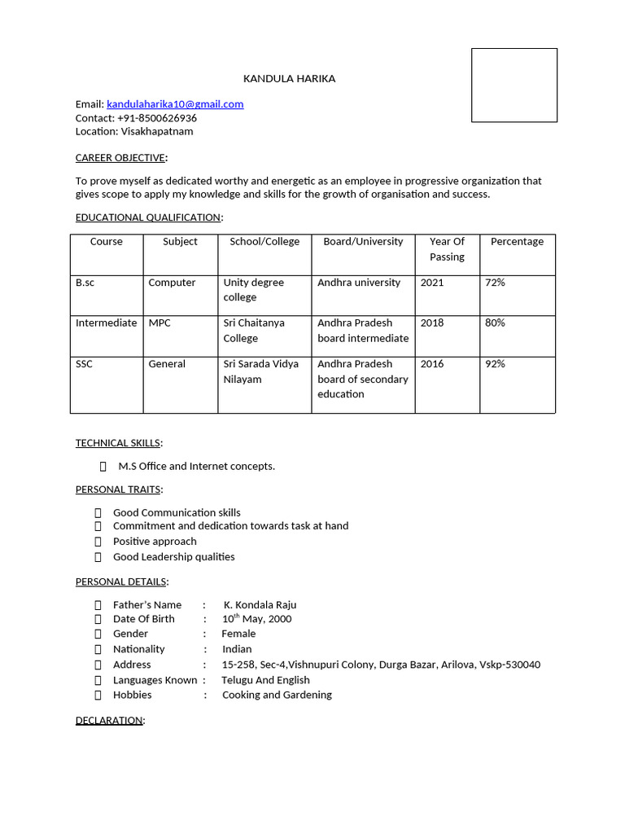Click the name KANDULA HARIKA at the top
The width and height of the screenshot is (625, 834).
[x=289, y=78]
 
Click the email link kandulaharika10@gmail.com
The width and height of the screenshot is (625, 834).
[x=175, y=104]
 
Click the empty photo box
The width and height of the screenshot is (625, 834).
[x=514, y=85]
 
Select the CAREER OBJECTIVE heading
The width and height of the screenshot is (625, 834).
[x=120, y=157]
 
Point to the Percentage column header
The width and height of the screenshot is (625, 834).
[x=517, y=241]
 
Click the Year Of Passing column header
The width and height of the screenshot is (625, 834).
[x=447, y=248]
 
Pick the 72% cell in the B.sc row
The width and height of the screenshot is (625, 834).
[x=495, y=283]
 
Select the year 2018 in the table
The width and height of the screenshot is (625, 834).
[x=432, y=323]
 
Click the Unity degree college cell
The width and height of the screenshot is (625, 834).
[x=253, y=290]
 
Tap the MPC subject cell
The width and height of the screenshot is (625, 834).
[x=160, y=323]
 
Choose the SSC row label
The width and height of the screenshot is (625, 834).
[x=84, y=364]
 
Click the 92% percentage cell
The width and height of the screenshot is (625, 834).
[x=495, y=364]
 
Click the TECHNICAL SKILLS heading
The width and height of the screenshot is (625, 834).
[x=117, y=443]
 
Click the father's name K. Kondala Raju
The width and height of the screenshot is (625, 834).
[x=260, y=604]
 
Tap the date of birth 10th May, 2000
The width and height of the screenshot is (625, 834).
[x=256, y=619]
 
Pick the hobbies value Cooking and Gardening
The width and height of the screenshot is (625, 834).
[x=277, y=695]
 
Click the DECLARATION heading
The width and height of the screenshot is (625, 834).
[x=109, y=721]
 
